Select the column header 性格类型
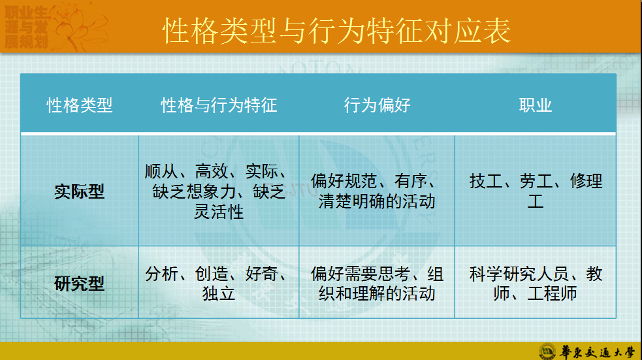(80, 105)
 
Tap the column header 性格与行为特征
(219, 105)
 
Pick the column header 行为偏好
(377, 105)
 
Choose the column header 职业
(536, 105)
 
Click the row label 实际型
(80, 191)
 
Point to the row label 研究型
(80, 284)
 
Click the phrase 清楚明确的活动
(377, 201)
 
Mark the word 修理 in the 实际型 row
(586, 181)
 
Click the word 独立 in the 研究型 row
(219, 293)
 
